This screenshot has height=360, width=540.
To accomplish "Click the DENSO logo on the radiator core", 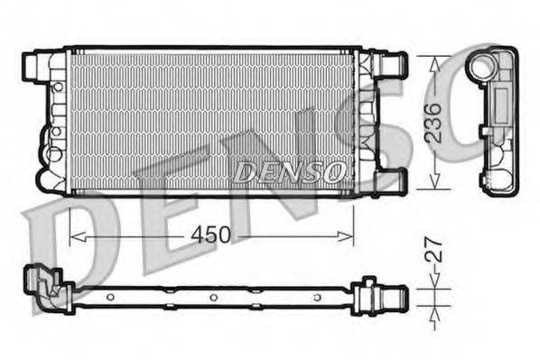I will click(288, 171).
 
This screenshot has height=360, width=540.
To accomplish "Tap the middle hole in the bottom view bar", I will click(213, 298).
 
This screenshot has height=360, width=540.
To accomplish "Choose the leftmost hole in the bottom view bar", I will click(109, 297).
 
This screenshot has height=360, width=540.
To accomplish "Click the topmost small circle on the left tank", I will click(57, 88).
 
